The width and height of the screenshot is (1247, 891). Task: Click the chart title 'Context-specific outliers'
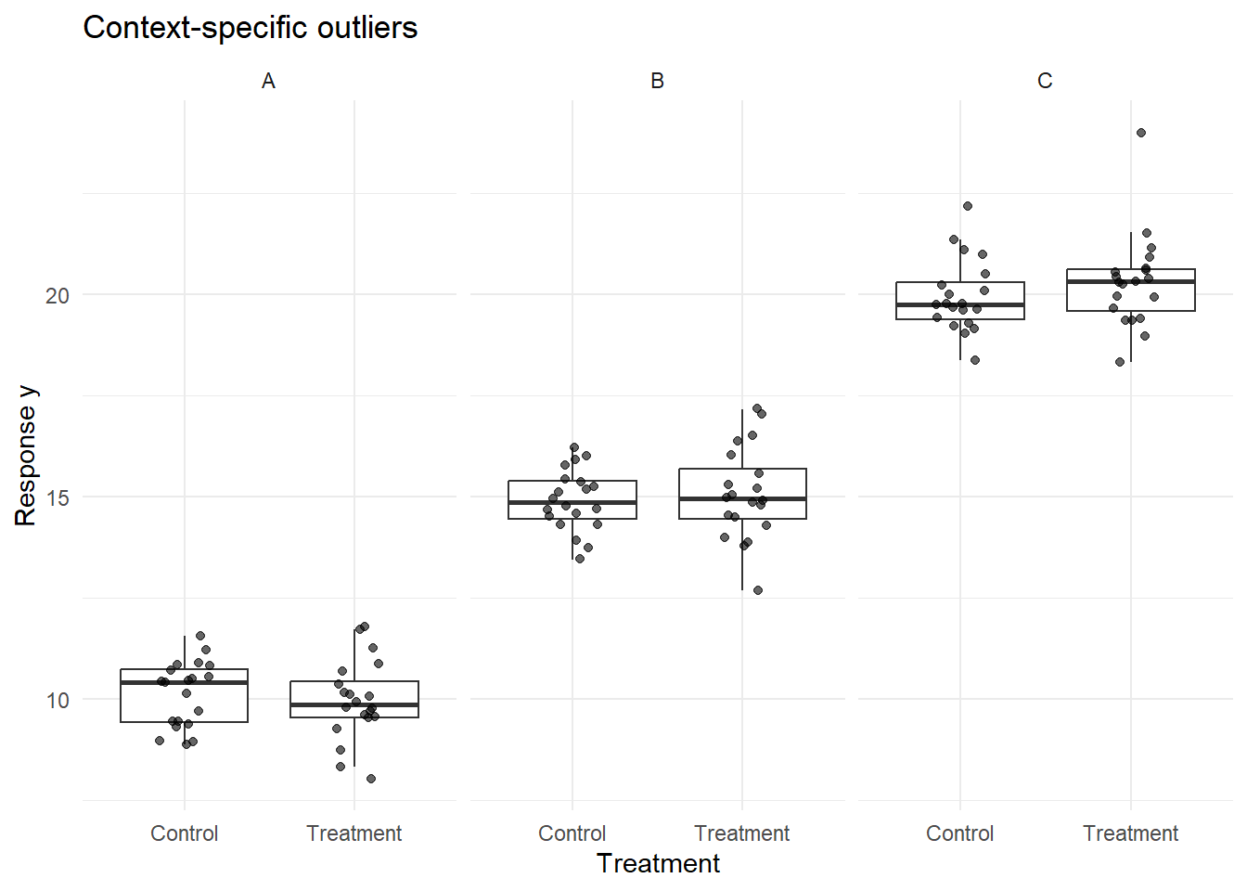[x=250, y=28]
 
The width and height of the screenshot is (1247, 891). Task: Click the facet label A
[x=268, y=82]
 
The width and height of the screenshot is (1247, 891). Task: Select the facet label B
[x=657, y=82]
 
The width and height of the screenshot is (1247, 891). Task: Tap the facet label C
[x=1045, y=82]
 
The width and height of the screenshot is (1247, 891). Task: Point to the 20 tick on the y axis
[x=58, y=295]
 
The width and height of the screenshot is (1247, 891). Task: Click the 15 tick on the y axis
[x=58, y=497]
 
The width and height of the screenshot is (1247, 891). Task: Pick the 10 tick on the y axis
[x=58, y=700]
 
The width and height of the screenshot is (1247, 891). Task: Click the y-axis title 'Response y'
[x=26, y=455]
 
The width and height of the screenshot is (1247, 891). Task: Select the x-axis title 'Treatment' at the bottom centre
[x=658, y=863]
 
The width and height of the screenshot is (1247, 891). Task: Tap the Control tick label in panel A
[x=184, y=833]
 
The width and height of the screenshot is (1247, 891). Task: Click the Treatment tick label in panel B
[x=741, y=833]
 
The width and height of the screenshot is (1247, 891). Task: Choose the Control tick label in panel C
[x=959, y=833]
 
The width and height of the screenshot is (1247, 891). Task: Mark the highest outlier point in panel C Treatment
[x=1141, y=133]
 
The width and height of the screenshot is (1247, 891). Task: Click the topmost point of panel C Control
[x=968, y=206]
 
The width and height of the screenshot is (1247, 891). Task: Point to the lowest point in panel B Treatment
[x=758, y=590]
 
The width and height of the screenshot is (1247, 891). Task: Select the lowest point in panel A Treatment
[x=371, y=779]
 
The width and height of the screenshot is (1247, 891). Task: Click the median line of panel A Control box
[x=184, y=682]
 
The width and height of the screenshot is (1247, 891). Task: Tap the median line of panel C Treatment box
[x=1130, y=281]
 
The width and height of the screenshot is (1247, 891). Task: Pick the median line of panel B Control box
[x=572, y=502]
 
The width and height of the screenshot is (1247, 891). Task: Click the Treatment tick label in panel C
[x=1130, y=833]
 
